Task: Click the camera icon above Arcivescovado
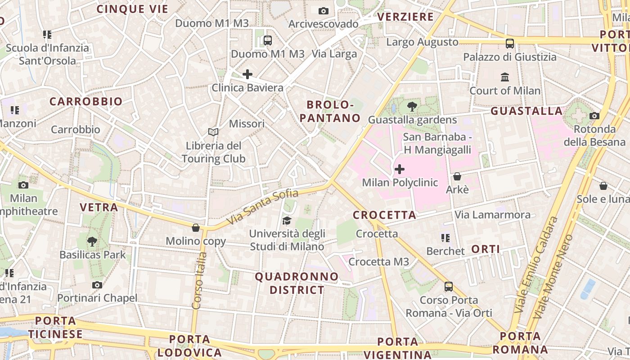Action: [323, 11]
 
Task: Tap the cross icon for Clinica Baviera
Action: [247, 74]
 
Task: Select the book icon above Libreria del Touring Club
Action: [213, 132]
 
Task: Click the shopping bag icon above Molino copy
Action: [195, 228]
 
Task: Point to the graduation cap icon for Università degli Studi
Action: [287, 220]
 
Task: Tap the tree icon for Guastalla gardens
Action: [411, 107]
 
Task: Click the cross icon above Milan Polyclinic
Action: [399, 169]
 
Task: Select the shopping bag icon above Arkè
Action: [457, 176]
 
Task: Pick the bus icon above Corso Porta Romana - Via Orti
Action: [448, 287]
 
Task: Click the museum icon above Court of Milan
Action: [505, 77]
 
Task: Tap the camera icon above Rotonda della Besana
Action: [594, 116]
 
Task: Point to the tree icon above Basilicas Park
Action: [92, 241]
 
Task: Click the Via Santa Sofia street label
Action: [262, 207]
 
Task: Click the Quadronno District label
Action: [297, 283]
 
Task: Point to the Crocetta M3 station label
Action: [379, 261]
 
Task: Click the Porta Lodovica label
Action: [189, 346]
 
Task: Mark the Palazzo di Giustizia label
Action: [510, 57]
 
